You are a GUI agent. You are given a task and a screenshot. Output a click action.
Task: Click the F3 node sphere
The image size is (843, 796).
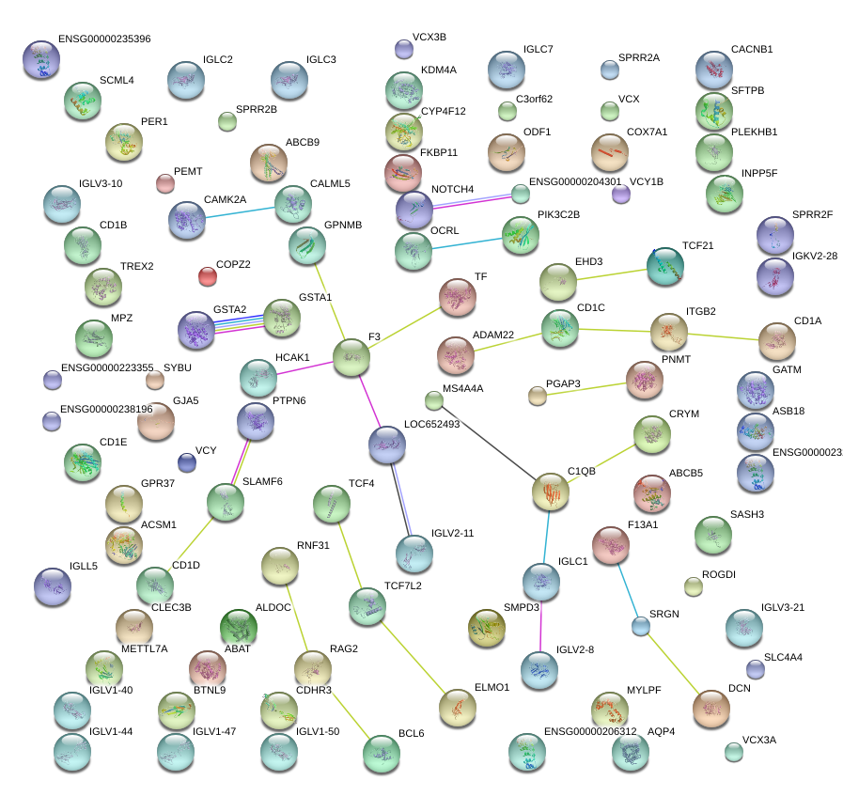[x=351, y=357]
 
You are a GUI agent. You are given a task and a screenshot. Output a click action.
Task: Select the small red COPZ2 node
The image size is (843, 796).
[x=208, y=275]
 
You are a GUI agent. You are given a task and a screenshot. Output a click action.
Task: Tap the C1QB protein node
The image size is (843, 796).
[x=551, y=492]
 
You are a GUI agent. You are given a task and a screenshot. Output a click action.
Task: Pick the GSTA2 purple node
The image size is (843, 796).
[x=196, y=329]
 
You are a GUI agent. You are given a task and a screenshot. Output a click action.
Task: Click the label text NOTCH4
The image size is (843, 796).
[x=452, y=190]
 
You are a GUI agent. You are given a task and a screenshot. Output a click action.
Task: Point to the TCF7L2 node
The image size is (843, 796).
[x=367, y=606]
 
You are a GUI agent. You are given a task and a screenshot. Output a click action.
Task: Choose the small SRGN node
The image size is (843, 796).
[x=641, y=626]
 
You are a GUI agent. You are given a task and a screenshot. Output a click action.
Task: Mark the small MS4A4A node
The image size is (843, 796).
[x=433, y=401]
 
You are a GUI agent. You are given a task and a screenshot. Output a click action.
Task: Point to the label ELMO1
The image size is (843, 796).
[x=492, y=688]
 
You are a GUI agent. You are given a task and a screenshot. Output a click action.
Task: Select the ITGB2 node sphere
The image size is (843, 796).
[x=669, y=331]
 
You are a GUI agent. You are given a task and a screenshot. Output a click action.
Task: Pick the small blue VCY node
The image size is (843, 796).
[x=187, y=462]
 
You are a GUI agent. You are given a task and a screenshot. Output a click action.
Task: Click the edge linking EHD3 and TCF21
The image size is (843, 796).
[x=612, y=273]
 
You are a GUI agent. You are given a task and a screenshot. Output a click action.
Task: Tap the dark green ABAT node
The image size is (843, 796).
[x=238, y=628]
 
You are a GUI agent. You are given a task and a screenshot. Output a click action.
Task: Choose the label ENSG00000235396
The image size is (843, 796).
[x=103, y=39]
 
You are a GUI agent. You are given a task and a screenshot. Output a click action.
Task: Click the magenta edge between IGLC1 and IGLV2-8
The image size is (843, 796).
[x=540, y=625]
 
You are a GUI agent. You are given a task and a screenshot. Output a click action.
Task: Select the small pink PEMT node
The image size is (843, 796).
[x=165, y=183]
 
